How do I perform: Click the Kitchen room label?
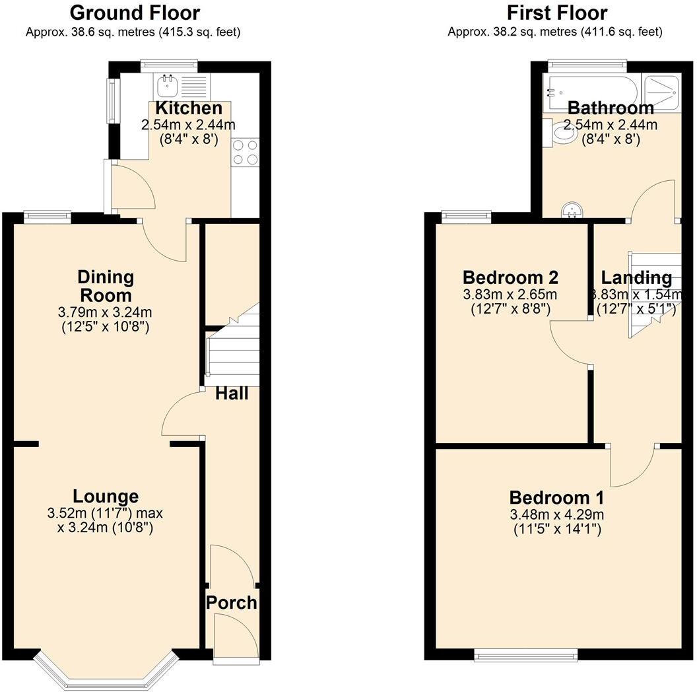pyautogui.click(x=189, y=108)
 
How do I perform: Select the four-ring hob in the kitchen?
pyautogui.click(x=246, y=153)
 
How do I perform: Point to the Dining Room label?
pyautogui.click(x=106, y=286)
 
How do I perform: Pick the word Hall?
pyautogui.click(x=232, y=394)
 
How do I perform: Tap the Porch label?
pyautogui.click(x=231, y=602)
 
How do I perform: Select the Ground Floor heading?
pyautogui.click(x=135, y=13)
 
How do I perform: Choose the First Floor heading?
pyautogui.click(x=557, y=13)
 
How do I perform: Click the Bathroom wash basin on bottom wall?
pyautogui.click(x=572, y=211)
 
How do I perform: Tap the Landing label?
pyautogui.click(x=636, y=278)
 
